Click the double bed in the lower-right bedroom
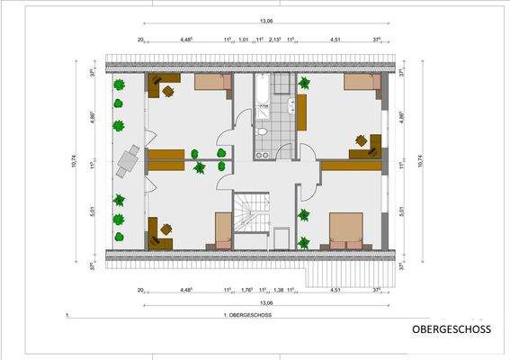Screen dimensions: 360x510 [x=346, y=229]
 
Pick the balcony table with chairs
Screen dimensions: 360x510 [x=128, y=162]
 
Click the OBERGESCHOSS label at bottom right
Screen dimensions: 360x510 [x=452, y=330]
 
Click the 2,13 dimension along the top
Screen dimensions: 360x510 [x=275, y=40]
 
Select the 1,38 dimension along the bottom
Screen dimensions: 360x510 [x=278, y=290]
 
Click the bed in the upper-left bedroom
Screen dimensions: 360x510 [x=212, y=84]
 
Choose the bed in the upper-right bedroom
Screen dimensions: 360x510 [x=361, y=84]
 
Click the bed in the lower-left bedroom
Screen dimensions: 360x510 [x=222, y=230]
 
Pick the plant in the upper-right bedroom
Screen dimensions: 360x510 [x=304, y=84]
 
